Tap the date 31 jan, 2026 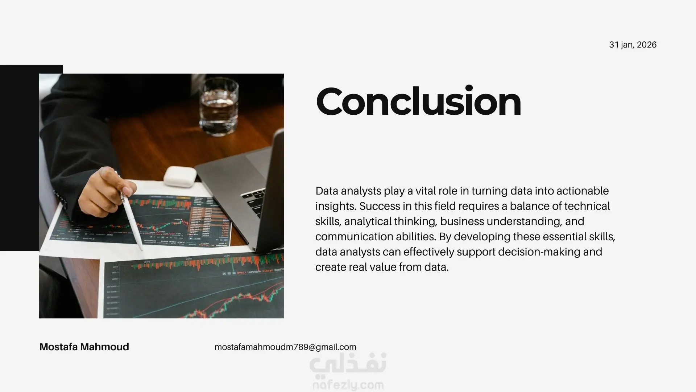633,45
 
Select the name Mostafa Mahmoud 84,347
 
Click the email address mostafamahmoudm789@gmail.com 285,347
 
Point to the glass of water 219,107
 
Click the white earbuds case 180,176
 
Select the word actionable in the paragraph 583,191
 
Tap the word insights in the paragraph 336,206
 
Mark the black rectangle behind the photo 20,158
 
